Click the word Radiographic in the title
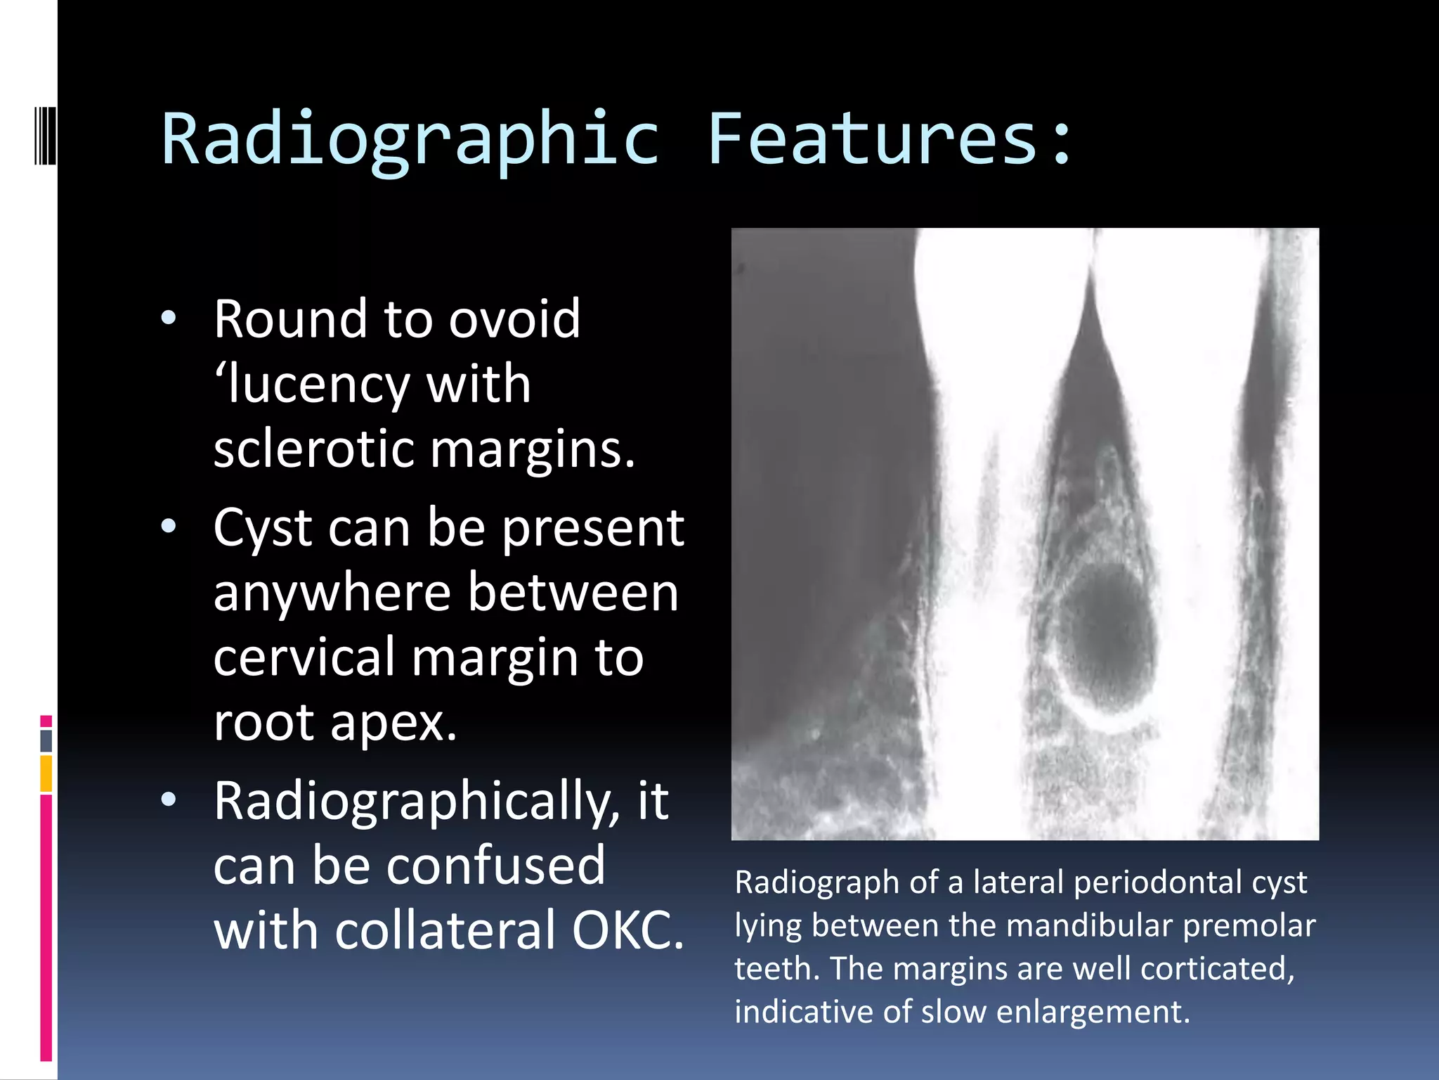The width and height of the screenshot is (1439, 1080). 411,141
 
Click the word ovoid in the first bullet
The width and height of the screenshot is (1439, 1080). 514,319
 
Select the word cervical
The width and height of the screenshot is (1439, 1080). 304,657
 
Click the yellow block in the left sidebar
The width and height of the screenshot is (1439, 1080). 46,773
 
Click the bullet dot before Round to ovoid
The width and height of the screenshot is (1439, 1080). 169,319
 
